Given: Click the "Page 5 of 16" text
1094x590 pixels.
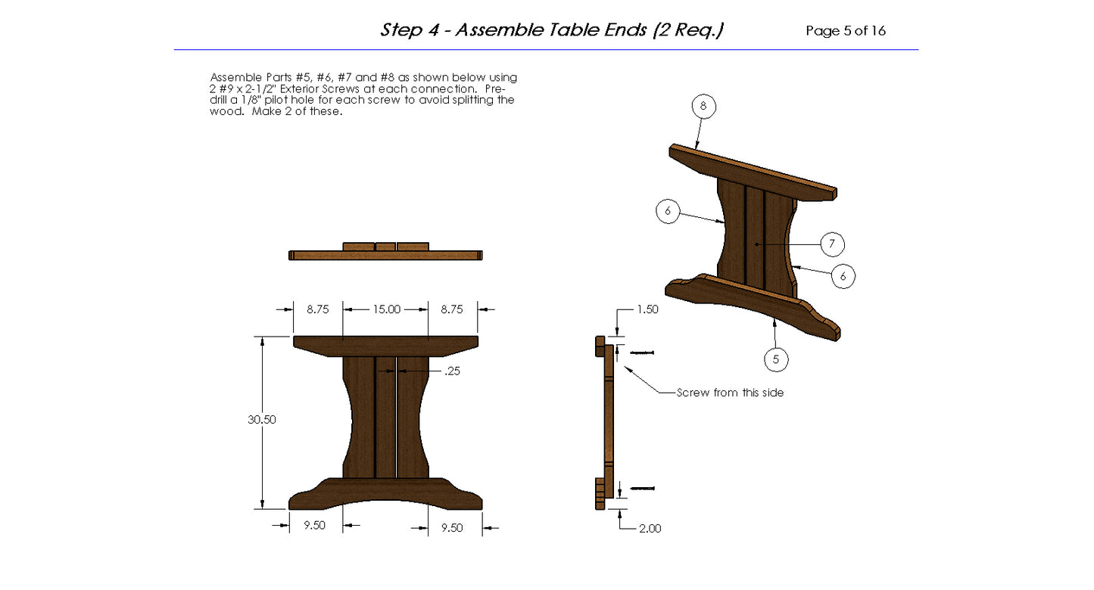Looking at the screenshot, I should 846,31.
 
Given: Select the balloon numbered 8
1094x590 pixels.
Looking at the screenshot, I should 703,107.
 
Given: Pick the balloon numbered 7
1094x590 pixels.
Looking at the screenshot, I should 832,244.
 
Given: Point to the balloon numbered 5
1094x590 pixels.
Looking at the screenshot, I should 776,359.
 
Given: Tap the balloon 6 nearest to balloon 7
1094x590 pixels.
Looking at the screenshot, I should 843,276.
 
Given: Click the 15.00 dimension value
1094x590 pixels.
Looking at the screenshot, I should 385,309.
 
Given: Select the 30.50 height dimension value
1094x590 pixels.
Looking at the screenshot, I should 262,420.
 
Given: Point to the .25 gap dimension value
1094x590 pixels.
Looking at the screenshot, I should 452,371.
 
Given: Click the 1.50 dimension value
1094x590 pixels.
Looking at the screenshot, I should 648,309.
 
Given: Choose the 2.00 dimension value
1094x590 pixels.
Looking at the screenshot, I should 650,528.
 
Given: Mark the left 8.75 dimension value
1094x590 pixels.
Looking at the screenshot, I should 318,309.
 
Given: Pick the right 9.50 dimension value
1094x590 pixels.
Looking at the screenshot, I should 452,527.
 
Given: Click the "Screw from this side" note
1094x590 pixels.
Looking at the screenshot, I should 730,393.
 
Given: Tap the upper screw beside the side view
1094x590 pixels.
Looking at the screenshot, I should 641,352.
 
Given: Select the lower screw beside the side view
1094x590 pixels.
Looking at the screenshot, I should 642,489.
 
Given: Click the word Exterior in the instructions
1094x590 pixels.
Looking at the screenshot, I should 322,88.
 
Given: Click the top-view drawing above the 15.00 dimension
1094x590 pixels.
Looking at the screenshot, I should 385,252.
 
